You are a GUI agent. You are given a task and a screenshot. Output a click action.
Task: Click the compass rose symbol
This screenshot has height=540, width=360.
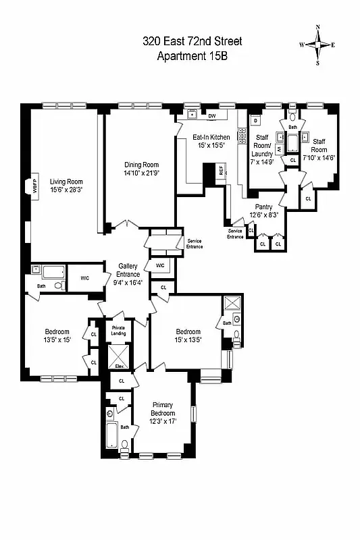pyautogui.click(x=318, y=44)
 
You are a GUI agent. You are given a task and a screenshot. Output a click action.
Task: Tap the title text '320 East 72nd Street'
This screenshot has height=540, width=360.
pyautogui.click(x=192, y=42)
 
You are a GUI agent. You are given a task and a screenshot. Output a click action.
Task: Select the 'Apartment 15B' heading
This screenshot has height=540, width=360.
pyautogui.click(x=192, y=56)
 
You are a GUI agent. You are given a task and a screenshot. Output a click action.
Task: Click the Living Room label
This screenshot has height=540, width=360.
pyautogui.click(x=66, y=181)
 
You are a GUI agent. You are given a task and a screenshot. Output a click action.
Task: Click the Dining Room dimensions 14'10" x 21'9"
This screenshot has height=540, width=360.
pyautogui.click(x=140, y=173)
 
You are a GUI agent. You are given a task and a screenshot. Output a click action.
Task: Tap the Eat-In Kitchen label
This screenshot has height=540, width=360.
pyautogui.click(x=211, y=137)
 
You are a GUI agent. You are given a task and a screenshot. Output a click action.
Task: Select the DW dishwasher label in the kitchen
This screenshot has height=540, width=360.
pyautogui.click(x=211, y=116)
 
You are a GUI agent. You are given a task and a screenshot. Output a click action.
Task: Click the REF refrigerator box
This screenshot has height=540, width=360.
pyautogui.click(x=221, y=171)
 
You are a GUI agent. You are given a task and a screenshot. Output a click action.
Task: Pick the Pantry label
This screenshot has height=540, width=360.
pyautogui.click(x=263, y=207)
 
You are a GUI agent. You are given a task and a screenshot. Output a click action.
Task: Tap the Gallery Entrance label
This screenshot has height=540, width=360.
pyautogui.click(x=128, y=270)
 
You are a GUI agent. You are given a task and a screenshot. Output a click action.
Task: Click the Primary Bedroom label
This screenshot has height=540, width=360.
pyautogui.click(x=162, y=409)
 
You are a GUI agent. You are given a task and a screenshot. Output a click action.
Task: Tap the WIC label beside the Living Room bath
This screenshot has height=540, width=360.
pyautogui.click(x=85, y=277)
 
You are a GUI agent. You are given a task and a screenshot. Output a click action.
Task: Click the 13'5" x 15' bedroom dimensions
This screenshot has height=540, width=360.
pyautogui.click(x=57, y=340)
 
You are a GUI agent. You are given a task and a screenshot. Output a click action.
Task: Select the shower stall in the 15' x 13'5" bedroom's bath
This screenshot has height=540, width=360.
pyautogui.click(x=232, y=303)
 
